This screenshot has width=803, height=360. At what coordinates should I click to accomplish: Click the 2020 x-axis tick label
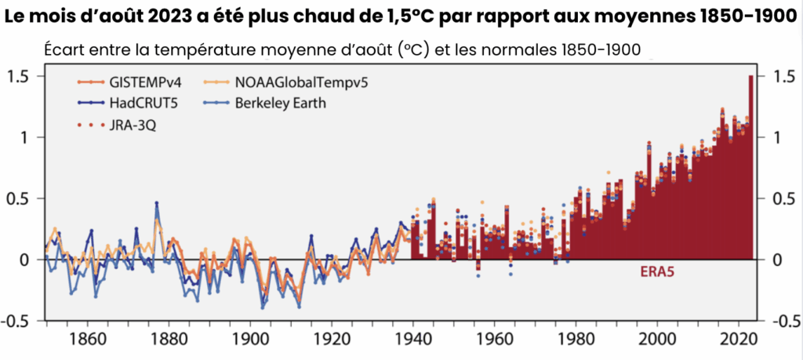tap(737, 342)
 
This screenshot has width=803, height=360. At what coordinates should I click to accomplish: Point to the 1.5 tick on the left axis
tap(18, 76)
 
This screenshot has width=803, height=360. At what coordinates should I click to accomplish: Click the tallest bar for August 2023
tap(751, 157)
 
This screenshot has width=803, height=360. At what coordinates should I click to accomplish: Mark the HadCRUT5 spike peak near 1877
tap(157, 203)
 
